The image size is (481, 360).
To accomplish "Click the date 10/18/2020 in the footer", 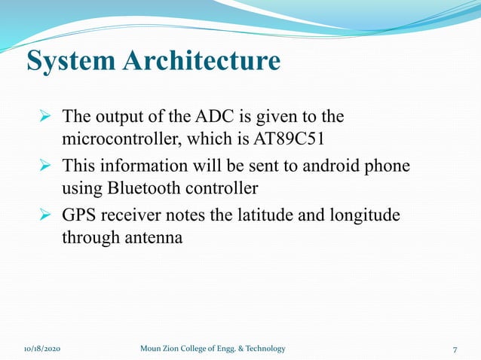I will [x=41, y=349].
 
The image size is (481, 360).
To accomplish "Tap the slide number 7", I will [x=455, y=349].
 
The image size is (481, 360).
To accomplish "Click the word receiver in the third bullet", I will [x=127, y=215].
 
